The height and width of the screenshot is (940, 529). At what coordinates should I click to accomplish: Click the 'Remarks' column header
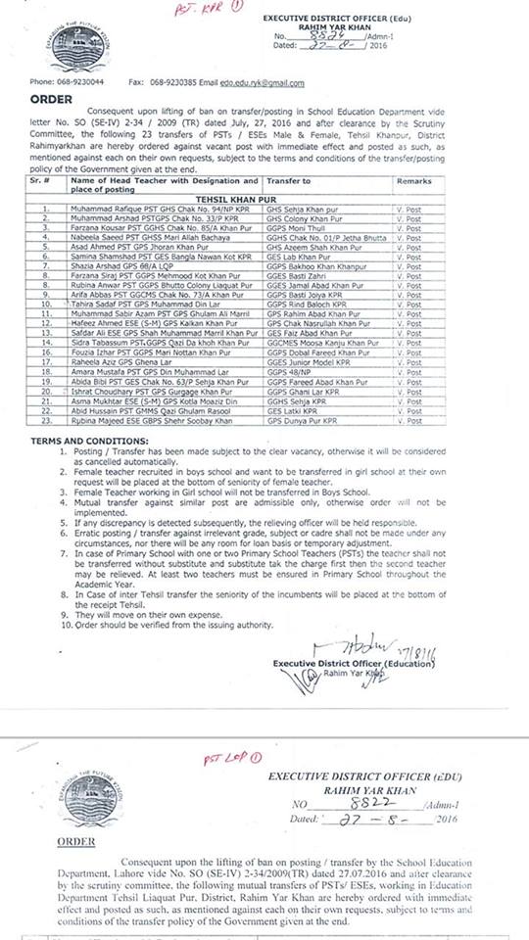click(x=413, y=181)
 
